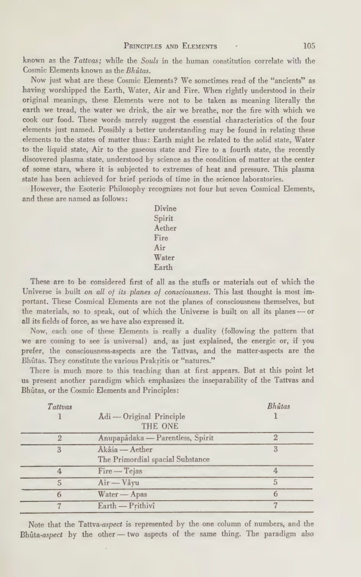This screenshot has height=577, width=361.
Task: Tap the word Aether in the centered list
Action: pos(165,228)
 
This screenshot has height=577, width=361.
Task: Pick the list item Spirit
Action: pos(163,219)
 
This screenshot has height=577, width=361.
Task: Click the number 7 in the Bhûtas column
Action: pos(276,506)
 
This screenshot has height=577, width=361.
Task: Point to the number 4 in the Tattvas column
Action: pos(60,471)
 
